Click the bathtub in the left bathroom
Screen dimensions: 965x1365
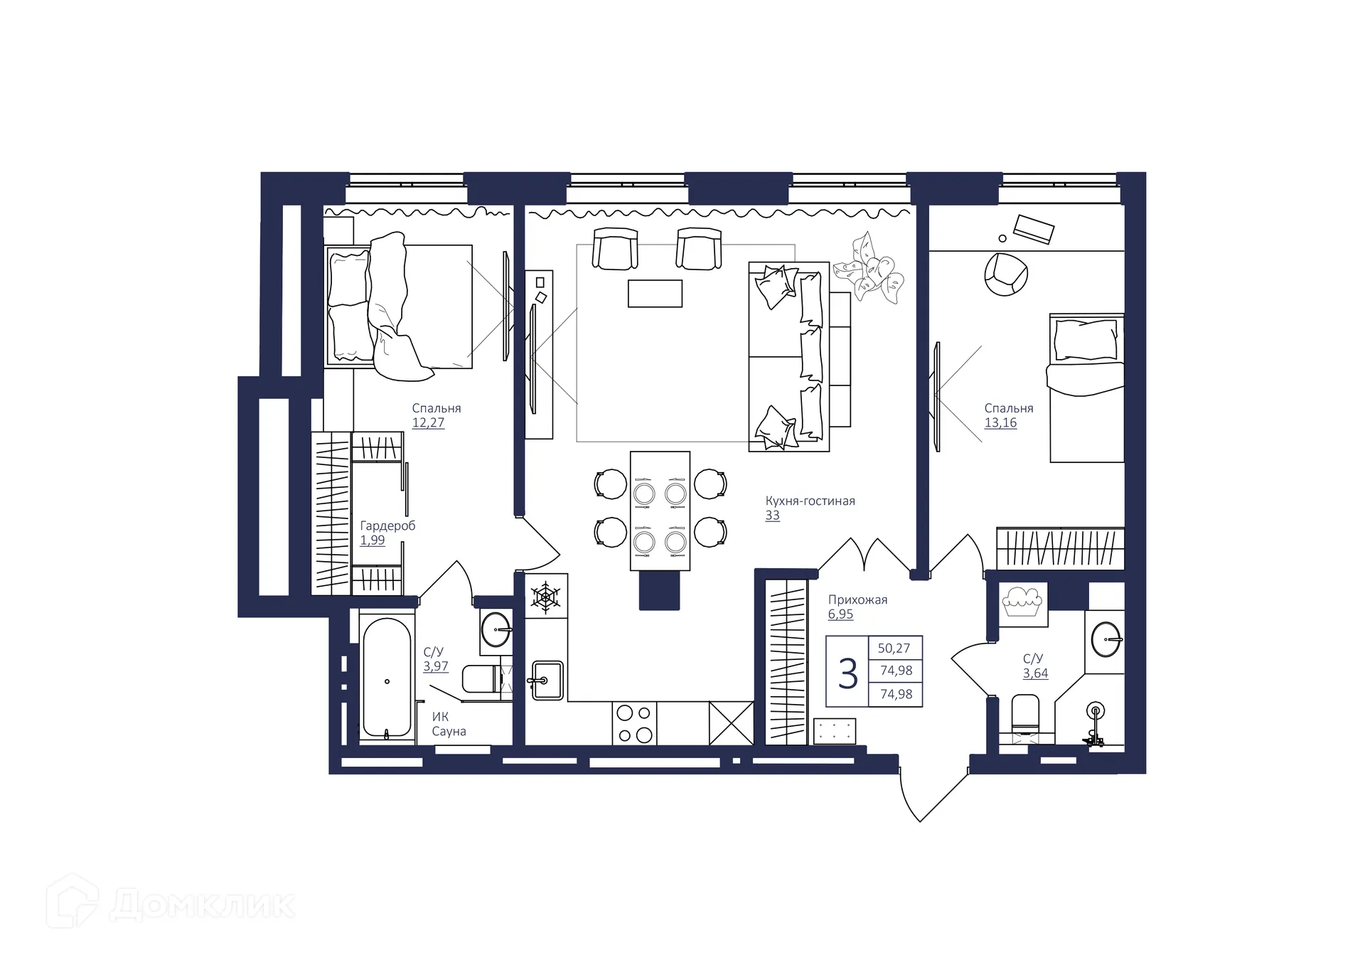[387, 678]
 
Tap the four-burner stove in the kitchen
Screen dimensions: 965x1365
[634, 723]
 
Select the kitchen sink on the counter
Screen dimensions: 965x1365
[547, 681]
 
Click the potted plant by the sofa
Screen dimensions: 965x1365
[869, 270]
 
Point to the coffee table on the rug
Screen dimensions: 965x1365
[655, 293]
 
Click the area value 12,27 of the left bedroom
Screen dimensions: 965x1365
[428, 422]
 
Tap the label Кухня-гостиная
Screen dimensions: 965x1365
[810, 501]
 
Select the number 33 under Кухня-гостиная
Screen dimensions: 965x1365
[772, 516]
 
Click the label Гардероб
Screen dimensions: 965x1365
[387, 526]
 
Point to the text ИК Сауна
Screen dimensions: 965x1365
[449, 724]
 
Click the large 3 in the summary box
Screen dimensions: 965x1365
[847, 673]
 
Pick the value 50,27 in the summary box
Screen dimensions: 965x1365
[894, 648]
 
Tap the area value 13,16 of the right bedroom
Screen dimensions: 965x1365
[1000, 422]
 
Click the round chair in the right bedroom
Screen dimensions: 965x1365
[1005, 274]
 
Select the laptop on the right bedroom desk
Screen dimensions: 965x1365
[1033, 229]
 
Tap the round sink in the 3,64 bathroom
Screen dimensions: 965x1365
[1105, 639]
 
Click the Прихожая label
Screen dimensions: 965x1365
[857, 599]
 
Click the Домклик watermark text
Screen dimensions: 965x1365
[202, 905]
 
